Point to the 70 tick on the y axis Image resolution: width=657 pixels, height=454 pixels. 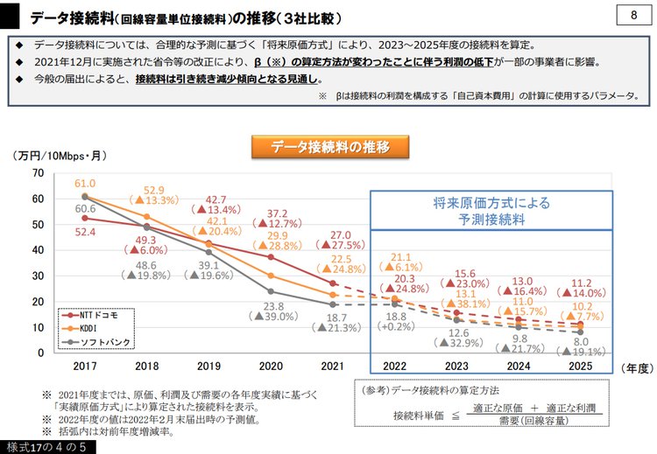pos(38,173)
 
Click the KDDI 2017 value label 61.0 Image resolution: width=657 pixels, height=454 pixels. pos(84,185)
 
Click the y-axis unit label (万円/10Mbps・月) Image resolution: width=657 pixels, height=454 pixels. pos(60,156)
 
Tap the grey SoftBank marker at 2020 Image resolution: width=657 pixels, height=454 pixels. pos(271,291)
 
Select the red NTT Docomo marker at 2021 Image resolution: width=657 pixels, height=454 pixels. pos(332,283)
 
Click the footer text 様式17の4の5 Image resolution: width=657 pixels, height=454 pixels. pos(43,447)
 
